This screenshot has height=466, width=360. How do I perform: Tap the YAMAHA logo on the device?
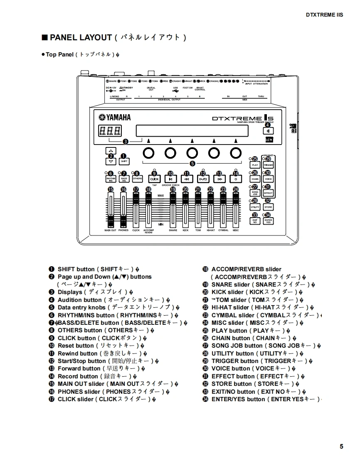point(114,117)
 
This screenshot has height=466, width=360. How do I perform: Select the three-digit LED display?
point(110,131)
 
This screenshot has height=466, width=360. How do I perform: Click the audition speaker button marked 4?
point(268,131)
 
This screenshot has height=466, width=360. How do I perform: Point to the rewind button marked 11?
point(187,179)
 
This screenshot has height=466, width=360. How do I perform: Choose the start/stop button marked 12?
point(203,179)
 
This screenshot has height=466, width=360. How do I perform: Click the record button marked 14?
point(236,179)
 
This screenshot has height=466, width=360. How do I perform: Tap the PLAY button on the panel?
point(255,165)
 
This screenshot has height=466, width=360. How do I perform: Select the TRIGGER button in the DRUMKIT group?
point(269,165)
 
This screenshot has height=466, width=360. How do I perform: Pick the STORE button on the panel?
point(269,207)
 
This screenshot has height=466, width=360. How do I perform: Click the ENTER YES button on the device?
point(269,221)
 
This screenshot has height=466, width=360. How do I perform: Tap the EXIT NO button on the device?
point(255,221)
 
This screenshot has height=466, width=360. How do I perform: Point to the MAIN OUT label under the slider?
point(110,230)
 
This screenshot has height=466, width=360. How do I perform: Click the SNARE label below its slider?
point(173,230)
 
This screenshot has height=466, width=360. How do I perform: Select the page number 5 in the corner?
point(341,446)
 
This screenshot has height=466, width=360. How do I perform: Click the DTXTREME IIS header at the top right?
point(324,15)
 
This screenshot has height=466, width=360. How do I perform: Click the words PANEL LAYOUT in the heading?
point(81,37)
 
